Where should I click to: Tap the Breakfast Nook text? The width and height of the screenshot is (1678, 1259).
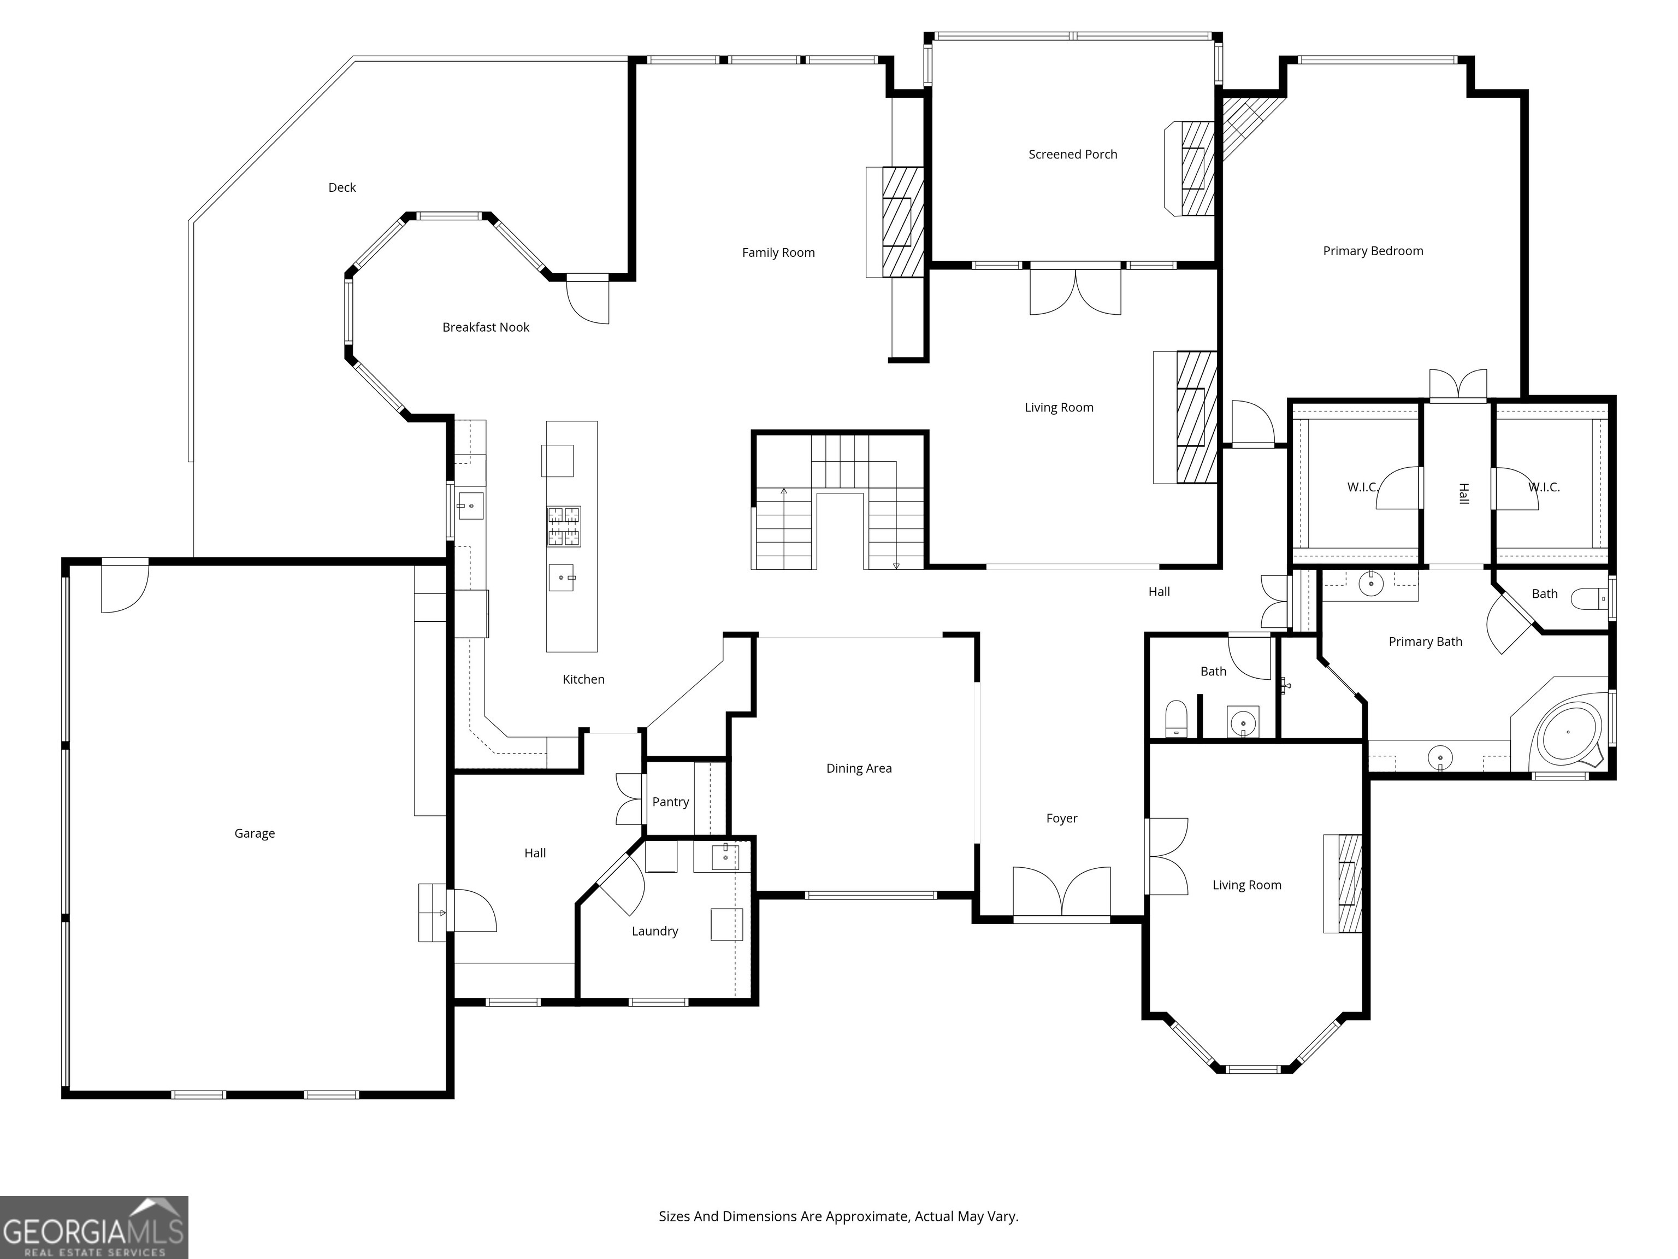[486, 327]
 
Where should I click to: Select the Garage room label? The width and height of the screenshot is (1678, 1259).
[254, 833]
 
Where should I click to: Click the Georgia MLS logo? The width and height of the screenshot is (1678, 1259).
[93, 1227]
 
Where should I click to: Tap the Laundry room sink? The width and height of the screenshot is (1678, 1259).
[724, 857]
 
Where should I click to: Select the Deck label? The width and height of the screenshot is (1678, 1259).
[341, 187]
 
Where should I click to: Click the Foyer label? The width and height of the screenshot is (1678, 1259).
[1061, 818]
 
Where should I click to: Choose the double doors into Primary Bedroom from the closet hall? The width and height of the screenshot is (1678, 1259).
[1457, 385]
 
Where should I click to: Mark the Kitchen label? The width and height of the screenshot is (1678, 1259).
[583, 679]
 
